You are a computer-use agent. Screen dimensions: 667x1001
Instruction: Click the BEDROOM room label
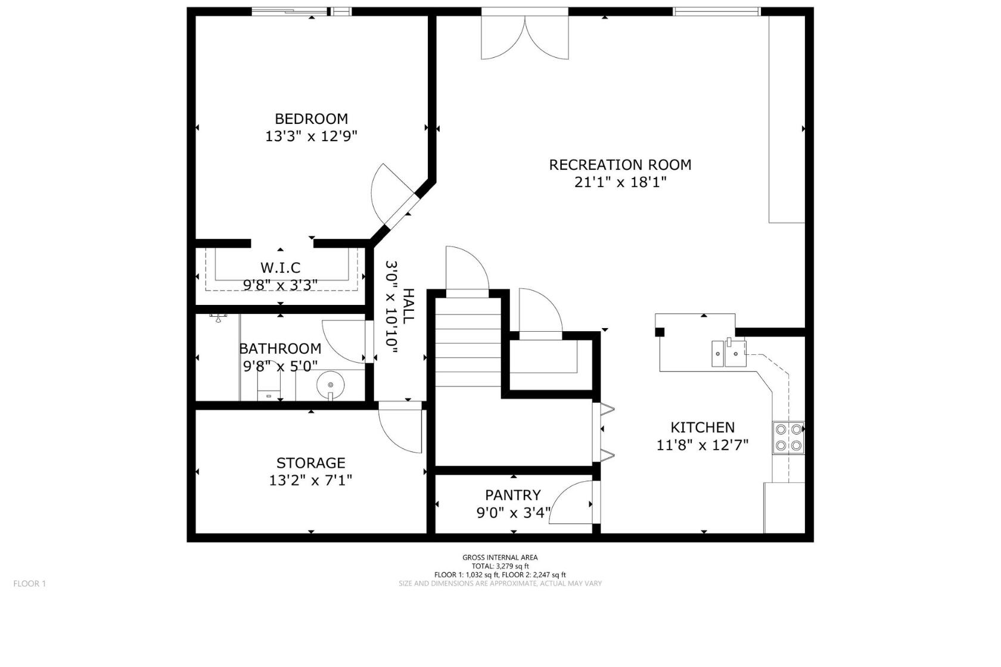tap(311, 119)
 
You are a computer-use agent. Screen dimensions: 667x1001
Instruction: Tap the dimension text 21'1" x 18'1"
tap(620, 182)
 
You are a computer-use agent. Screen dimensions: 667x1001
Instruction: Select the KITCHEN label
tap(702, 427)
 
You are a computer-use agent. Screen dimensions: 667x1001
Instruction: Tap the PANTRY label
tap(512, 495)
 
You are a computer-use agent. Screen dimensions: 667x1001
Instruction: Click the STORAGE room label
tap(310, 463)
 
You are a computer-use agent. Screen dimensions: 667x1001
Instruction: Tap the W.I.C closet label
tap(280, 267)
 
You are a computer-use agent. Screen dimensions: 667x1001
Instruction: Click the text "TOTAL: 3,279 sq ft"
tap(500, 566)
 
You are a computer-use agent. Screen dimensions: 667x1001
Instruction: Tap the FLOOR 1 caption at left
tap(29, 584)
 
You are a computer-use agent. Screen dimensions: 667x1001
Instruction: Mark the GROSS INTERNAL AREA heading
tap(500, 557)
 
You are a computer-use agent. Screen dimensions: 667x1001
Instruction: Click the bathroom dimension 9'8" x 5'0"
tap(279, 366)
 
